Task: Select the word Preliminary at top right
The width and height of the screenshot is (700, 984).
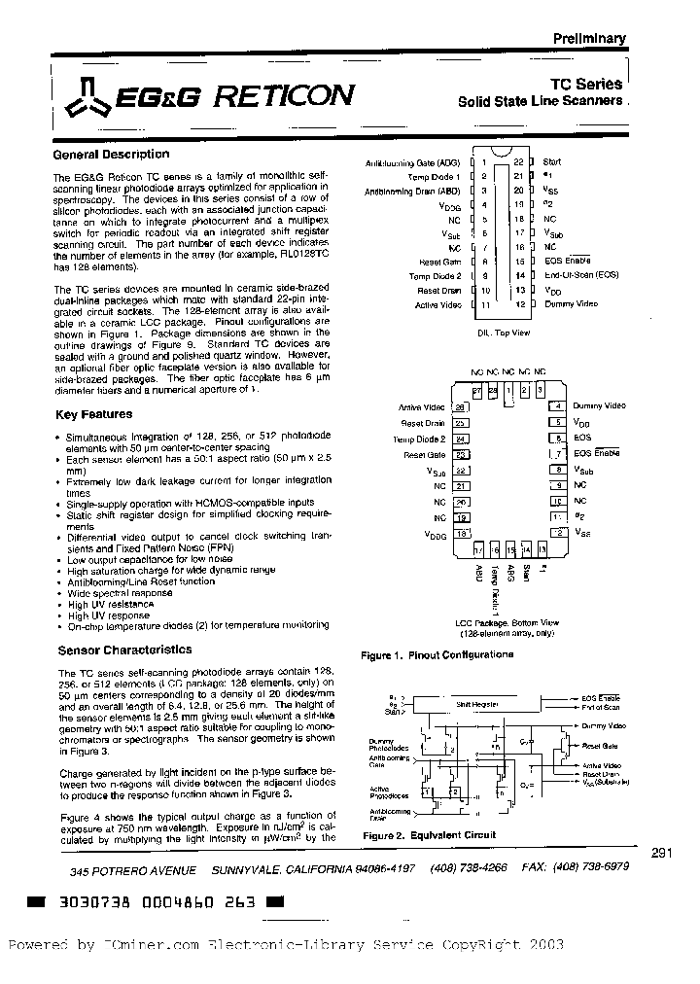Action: (589, 39)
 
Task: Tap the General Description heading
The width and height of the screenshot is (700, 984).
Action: (111, 155)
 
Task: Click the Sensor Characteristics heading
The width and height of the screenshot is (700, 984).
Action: (124, 650)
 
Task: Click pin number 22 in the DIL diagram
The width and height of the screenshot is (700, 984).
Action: (518, 161)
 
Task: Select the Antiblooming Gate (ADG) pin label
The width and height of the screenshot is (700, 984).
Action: (413, 162)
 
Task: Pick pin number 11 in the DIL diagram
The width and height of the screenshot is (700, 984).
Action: (484, 305)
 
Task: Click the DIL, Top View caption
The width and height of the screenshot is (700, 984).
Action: (503, 333)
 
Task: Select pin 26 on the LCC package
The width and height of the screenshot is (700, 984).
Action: (461, 407)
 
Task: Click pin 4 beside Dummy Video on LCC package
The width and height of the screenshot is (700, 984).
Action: (557, 405)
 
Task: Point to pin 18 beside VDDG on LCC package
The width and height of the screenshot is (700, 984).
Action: (461, 534)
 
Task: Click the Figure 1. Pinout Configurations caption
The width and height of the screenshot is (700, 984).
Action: (437, 655)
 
